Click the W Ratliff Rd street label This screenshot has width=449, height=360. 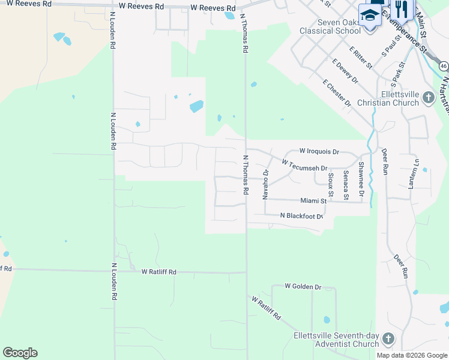[159, 272]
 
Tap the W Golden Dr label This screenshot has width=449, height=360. [303, 287]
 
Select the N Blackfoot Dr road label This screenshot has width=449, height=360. [302, 215]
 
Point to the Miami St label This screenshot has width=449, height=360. [313, 201]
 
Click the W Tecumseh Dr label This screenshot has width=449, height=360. [305, 165]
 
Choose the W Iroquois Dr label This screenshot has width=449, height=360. [319, 152]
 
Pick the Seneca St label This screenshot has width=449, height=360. [346, 185]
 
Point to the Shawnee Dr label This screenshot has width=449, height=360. [361, 179]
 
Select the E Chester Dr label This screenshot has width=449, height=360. [336, 93]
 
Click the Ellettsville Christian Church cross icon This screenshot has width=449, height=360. [428, 97]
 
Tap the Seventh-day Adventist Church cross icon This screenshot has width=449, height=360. [388, 339]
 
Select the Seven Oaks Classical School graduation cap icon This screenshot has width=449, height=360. [370, 15]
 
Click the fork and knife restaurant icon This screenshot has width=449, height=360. [401, 8]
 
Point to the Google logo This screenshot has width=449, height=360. [20, 353]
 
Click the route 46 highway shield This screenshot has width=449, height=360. [443, 65]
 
